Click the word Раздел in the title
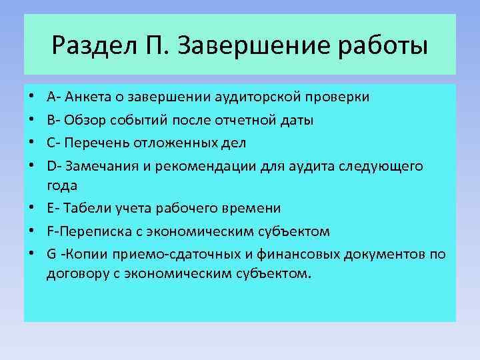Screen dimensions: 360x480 tap(89, 46)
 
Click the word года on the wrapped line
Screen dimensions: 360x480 tap(62, 185)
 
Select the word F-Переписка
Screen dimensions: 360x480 tap(83, 231)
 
